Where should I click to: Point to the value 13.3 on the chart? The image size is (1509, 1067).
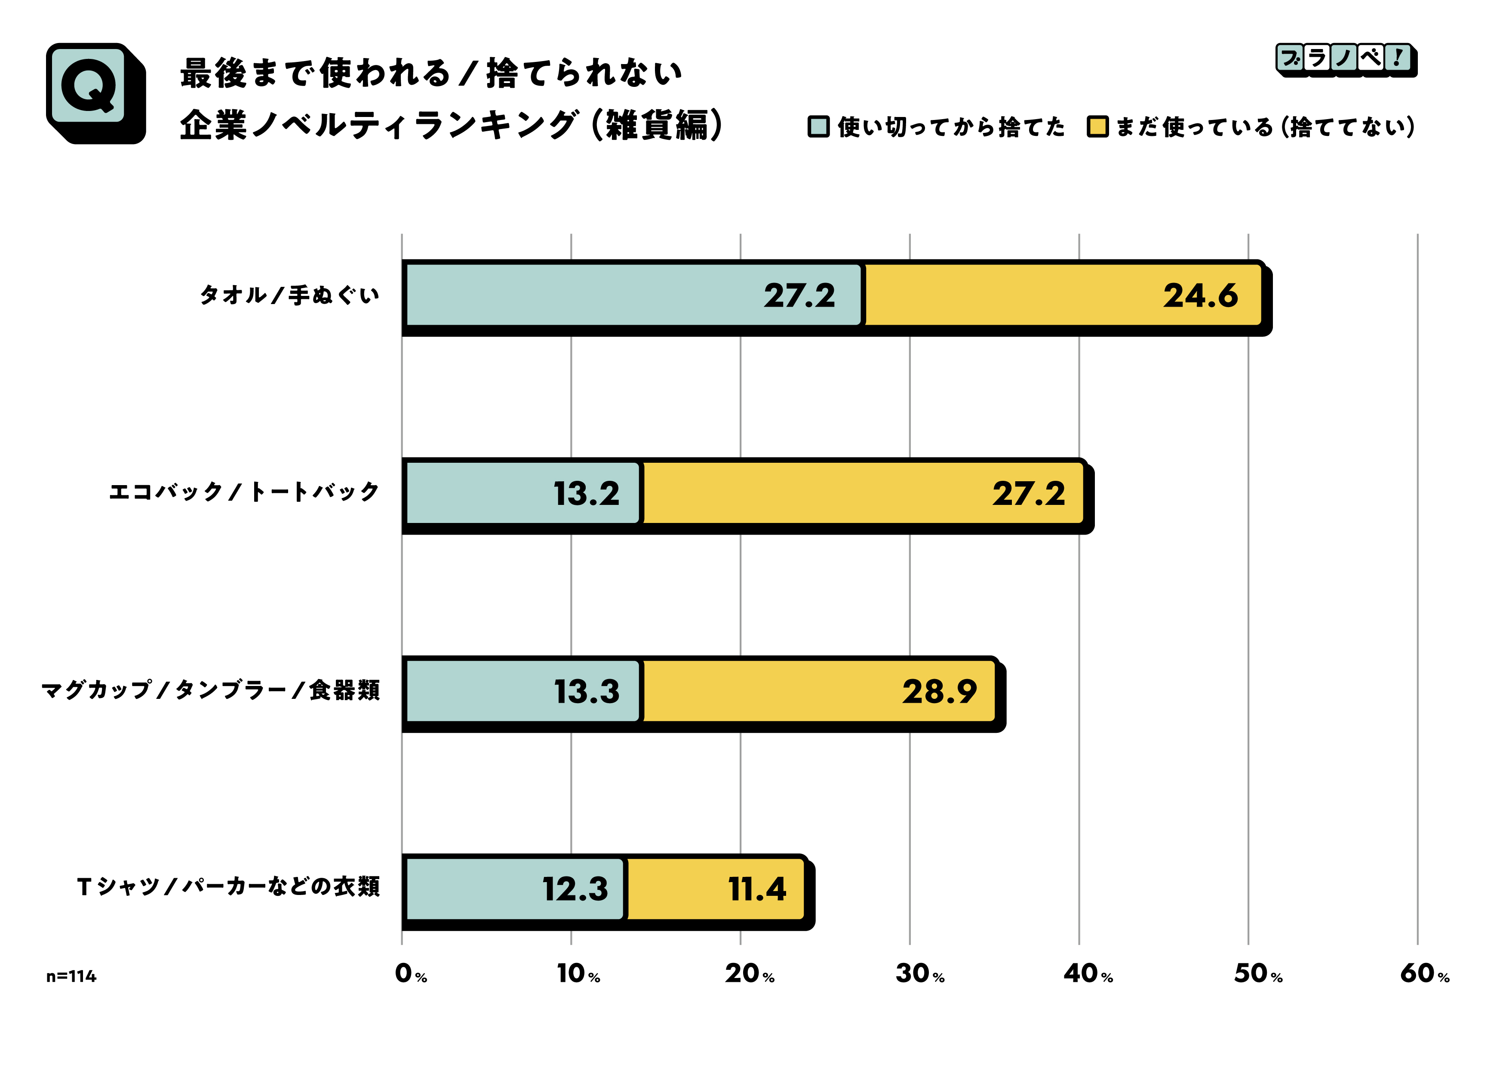pos(586,692)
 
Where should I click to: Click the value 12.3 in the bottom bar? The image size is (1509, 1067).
pos(575,889)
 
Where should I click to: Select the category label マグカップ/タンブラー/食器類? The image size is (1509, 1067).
pos(210,690)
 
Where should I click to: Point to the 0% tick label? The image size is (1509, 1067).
pos(410,974)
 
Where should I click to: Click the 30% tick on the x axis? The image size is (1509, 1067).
pos(919,974)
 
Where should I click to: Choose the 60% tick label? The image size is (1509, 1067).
pos(1424,974)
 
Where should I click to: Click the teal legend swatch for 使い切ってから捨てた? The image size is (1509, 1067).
pos(818,126)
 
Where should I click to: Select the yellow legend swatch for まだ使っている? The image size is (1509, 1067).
pos(1097,126)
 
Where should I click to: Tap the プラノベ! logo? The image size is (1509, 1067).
pos(1345,60)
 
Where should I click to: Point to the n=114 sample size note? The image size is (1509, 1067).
pos(71,977)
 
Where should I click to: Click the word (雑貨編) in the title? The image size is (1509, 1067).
pos(657,125)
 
